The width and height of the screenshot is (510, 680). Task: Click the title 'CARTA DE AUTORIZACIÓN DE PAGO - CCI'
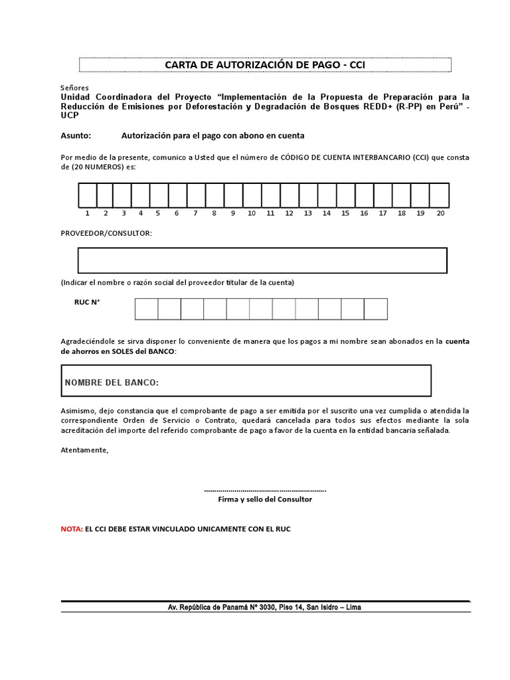pyautogui.click(x=265, y=64)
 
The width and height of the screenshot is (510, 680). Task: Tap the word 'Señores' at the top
pyautogui.click(x=74, y=88)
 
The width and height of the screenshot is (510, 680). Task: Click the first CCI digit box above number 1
pyautogui.click(x=88, y=196)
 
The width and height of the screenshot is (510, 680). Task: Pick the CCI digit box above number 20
pyautogui.click(x=440, y=196)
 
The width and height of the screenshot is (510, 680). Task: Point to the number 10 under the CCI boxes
pyautogui.click(x=252, y=214)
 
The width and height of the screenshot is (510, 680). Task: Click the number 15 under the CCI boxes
pyautogui.click(x=345, y=214)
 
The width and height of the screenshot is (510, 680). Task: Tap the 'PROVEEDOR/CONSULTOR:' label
pyautogui.click(x=106, y=234)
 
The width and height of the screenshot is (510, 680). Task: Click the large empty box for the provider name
pyautogui.click(x=262, y=260)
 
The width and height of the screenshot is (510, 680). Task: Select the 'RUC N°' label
pyautogui.click(x=86, y=302)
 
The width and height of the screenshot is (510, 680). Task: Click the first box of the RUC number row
pyautogui.click(x=147, y=309)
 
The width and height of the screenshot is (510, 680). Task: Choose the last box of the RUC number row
pyautogui.click(x=375, y=309)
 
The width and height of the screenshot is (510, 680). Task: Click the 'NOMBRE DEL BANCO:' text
pyautogui.click(x=112, y=383)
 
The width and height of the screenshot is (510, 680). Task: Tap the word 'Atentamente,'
pyautogui.click(x=84, y=450)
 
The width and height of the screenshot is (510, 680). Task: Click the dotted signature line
pyautogui.click(x=265, y=490)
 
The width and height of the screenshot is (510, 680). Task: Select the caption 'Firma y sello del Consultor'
pyautogui.click(x=265, y=499)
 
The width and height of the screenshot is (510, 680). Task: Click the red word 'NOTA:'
pyautogui.click(x=72, y=529)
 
